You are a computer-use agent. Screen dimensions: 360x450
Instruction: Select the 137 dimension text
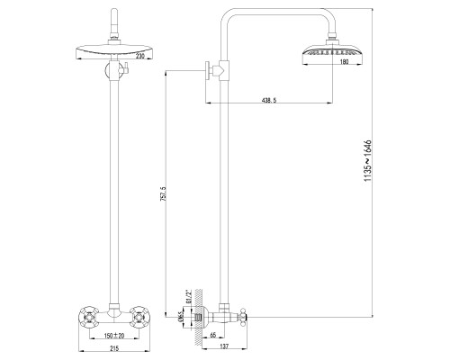click(223, 347)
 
